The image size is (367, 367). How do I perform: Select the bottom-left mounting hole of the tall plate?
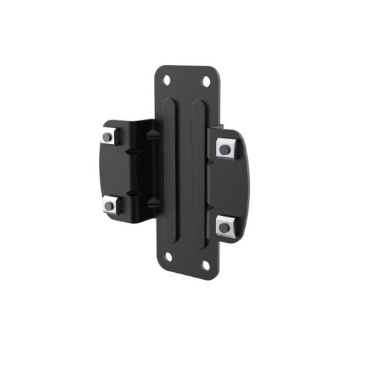(x=168, y=256)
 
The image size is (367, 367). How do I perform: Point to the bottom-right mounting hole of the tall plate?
(x=205, y=265)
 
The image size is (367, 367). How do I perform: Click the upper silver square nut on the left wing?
(x=107, y=137)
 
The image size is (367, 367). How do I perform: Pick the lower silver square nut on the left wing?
(x=108, y=204)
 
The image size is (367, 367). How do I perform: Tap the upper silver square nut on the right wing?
(x=224, y=148)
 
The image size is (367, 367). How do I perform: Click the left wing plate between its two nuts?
(x=110, y=170)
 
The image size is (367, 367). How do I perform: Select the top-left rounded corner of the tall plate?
(x=160, y=69)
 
